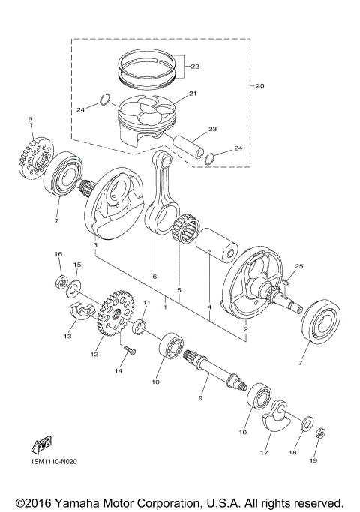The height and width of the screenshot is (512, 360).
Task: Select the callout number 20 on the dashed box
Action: click(x=260, y=85)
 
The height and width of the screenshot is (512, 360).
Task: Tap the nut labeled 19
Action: click(x=320, y=433)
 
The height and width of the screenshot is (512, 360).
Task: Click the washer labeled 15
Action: click(x=76, y=288)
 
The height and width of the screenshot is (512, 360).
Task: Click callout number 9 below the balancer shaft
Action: click(x=201, y=398)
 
